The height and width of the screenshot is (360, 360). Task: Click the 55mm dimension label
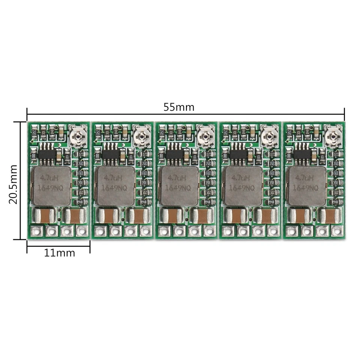(x=179, y=107)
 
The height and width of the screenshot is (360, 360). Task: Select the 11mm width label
(x=60, y=253)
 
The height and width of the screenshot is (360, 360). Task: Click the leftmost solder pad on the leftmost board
(x=36, y=231)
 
